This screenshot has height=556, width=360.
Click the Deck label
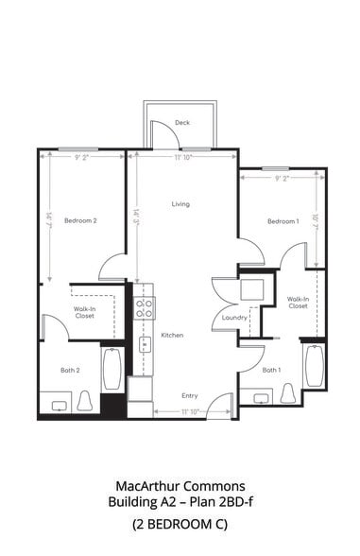pyautogui.click(x=183, y=123)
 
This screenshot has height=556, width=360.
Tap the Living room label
pyautogui.click(x=180, y=204)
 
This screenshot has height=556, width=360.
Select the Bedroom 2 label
pyautogui.click(x=80, y=220)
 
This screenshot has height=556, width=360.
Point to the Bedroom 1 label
pyautogui.click(x=283, y=220)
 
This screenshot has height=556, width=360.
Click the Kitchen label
pyautogui.click(x=172, y=336)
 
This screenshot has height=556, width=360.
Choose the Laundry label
pyautogui.click(x=234, y=318)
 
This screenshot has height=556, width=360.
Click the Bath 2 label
pyautogui.click(x=70, y=370)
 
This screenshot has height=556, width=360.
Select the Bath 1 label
pyautogui.click(x=271, y=370)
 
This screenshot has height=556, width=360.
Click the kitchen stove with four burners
pyautogui.click(x=146, y=306)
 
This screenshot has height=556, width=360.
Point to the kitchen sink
pyautogui.click(x=146, y=344)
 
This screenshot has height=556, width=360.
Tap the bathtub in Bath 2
pyautogui.click(x=111, y=369)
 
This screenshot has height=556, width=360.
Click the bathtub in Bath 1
pyautogui.click(x=314, y=365)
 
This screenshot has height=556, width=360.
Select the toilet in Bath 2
pyautogui.click(x=84, y=401)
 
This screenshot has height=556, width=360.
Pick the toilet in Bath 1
pyautogui.click(x=288, y=392)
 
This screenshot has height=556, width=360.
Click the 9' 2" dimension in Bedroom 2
pyautogui.click(x=82, y=158)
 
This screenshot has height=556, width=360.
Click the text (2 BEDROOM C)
pyautogui.click(x=180, y=523)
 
